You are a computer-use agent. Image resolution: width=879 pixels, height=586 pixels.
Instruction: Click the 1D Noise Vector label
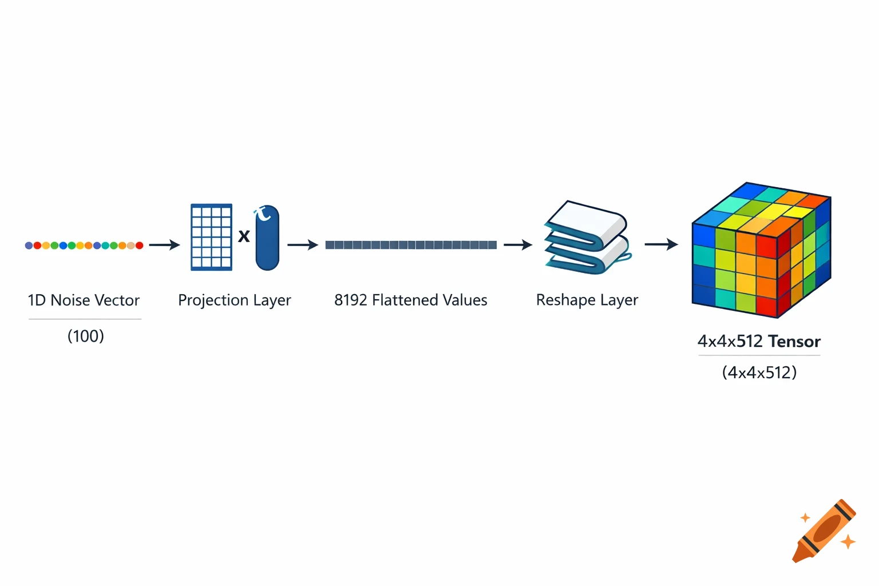pyautogui.click(x=84, y=300)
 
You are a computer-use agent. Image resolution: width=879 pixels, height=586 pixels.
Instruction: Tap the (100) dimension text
pyautogui.click(x=86, y=336)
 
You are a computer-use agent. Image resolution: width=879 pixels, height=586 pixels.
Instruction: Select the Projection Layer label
pyautogui.click(x=235, y=300)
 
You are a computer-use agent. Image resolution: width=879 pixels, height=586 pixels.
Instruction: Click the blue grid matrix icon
pyautogui.click(x=211, y=237)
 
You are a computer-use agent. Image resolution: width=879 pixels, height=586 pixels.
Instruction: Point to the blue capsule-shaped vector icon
pyautogui.click(x=267, y=239)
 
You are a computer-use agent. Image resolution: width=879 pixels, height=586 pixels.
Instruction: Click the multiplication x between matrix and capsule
pyautogui.click(x=244, y=236)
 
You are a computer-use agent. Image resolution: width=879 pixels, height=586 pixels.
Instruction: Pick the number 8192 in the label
pyautogui.click(x=350, y=300)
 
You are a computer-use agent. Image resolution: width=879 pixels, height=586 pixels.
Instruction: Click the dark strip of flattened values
pyautogui.click(x=411, y=245)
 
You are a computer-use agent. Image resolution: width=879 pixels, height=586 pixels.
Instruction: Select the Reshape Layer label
pyautogui.click(x=587, y=300)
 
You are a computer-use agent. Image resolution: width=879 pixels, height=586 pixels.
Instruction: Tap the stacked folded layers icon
pyautogui.click(x=587, y=237)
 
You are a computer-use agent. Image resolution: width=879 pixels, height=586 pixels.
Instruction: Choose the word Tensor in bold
pyautogui.click(x=794, y=342)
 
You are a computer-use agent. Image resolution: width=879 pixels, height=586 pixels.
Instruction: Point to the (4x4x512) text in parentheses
pyautogui.click(x=759, y=373)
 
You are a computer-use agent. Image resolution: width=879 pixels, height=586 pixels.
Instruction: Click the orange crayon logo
pyautogui.click(x=824, y=531)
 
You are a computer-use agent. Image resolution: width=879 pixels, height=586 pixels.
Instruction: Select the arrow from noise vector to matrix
pyautogui.click(x=165, y=245)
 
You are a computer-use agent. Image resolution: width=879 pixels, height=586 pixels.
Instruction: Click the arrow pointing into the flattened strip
pyautogui.click(x=303, y=245)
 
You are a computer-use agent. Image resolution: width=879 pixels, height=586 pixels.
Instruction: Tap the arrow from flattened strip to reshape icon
pyautogui.click(x=518, y=245)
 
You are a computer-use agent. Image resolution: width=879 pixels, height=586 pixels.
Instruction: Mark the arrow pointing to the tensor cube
pyautogui.click(x=662, y=244)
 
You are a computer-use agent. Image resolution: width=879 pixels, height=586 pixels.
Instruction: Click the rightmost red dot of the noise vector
pyautogui.click(x=139, y=246)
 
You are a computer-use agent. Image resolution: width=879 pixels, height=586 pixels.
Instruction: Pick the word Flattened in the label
pyautogui.click(x=399, y=300)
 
